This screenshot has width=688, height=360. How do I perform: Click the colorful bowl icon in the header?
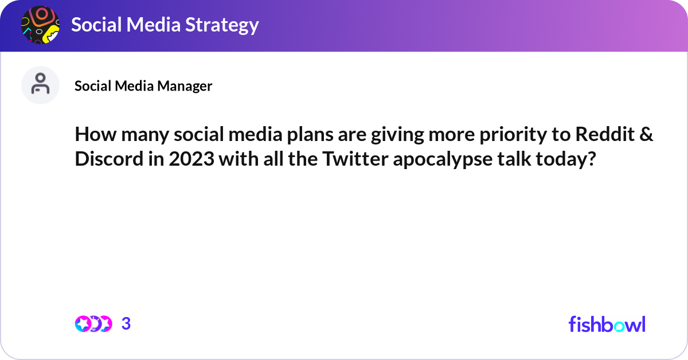click(x=40, y=25)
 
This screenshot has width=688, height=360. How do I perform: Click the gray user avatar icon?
click(x=40, y=85)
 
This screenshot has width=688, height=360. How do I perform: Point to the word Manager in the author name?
click(x=184, y=86)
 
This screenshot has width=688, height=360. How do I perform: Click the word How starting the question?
click(x=93, y=136)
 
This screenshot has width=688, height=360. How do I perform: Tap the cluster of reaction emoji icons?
click(x=93, y=324)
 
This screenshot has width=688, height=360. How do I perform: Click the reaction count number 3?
click(x=126, y=324)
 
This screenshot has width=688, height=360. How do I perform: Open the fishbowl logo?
click(x=607, y=324)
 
